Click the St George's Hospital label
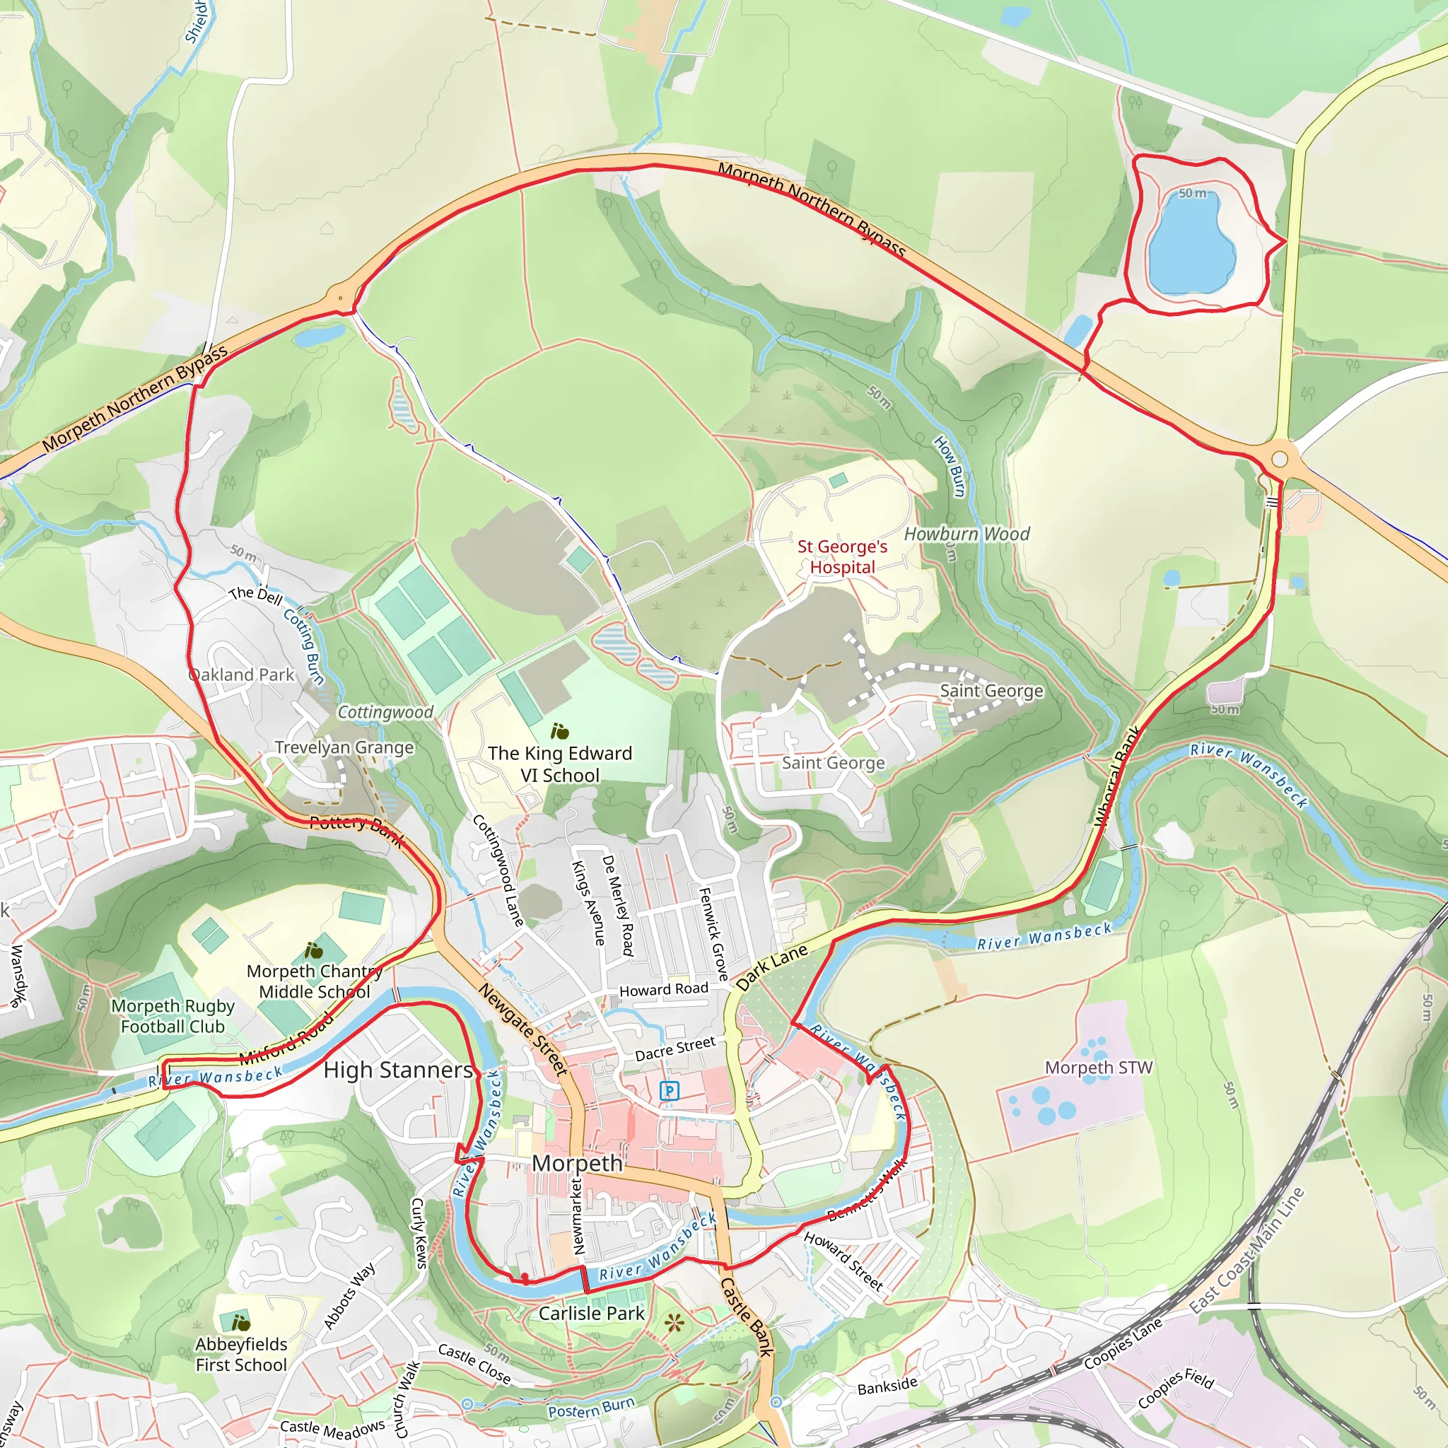841,557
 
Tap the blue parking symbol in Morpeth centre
669,1090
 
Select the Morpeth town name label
577,1163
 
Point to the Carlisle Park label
591,1313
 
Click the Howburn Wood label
966,534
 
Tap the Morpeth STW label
1099,1067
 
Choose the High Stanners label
398,1070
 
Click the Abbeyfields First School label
241,1354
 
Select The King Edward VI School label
560,764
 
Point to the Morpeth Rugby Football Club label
173,1016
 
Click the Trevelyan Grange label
344,747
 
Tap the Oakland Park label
242,675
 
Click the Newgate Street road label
523,1029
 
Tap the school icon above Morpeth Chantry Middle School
313,951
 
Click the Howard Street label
843,1261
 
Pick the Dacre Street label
675,1049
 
